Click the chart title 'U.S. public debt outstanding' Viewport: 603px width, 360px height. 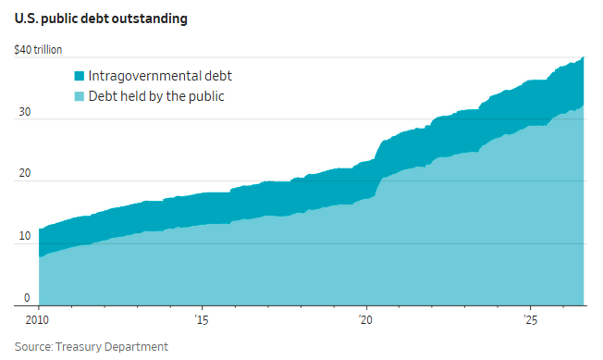(x=101, y=19)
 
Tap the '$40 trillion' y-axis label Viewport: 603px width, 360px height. (x=38, y=50)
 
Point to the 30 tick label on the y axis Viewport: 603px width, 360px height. (x=25, y=112)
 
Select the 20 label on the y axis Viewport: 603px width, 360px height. (x=25, y=173)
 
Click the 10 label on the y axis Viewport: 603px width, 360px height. (x=25, y=236)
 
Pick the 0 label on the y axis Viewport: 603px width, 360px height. (x=27, y=298)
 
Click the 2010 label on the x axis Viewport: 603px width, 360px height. (x=37, y=319)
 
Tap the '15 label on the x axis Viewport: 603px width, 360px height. (x=202, y=319)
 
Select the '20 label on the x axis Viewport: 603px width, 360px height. (x=365, y=319)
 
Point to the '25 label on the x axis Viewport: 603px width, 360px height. (x=530, y=319)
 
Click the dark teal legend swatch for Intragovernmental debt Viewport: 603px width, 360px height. (x=80, y=76)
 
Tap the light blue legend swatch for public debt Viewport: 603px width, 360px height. (x=80, y=96)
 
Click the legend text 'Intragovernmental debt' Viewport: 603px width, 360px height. (x=160, y=76)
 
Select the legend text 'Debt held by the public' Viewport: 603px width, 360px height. (x=156, y=96)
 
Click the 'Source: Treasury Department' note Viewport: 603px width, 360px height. (x=92, y=346)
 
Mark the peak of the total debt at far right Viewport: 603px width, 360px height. (x=584, y=57)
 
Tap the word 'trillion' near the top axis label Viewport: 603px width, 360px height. (x=48, y=50)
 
